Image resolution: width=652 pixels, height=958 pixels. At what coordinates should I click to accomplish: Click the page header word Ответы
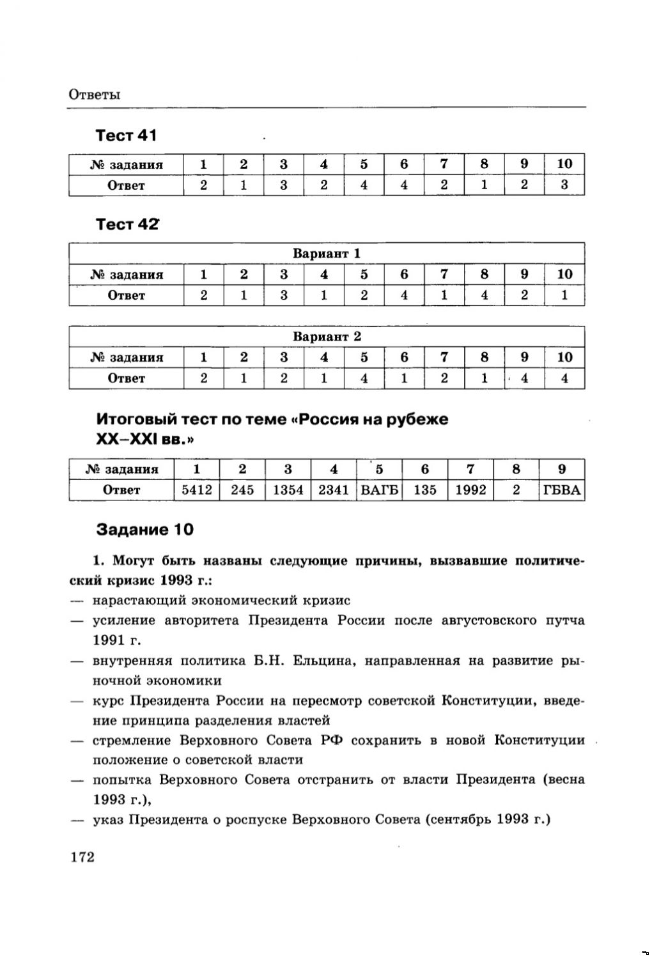point(94,95)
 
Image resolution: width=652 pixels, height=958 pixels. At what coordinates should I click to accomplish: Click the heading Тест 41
point(126,135)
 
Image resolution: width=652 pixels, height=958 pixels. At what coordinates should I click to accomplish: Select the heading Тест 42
point(127,224)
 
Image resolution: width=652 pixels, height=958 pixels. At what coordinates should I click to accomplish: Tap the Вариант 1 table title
point(327,254)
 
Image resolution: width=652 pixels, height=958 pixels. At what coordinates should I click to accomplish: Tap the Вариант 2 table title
point(327,337)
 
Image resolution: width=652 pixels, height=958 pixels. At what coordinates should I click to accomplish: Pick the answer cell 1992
point(470,490)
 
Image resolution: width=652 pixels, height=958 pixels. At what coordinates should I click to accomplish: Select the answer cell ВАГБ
point(379,490)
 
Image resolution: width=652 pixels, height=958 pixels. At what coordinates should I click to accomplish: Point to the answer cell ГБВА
point(562,490)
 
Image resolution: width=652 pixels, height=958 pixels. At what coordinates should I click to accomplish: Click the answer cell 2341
point(334,490)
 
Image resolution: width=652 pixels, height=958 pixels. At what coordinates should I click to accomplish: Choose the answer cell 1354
point(288,490)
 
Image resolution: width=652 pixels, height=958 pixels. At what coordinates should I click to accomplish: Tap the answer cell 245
point(242,490)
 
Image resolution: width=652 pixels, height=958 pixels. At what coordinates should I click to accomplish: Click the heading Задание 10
point(144,530)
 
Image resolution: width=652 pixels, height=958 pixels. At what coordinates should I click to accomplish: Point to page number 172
point(82,857)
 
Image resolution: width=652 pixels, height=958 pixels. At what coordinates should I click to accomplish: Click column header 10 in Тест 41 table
point(564,164)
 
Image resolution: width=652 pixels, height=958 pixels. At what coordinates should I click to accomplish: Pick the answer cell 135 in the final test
point(425,490)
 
